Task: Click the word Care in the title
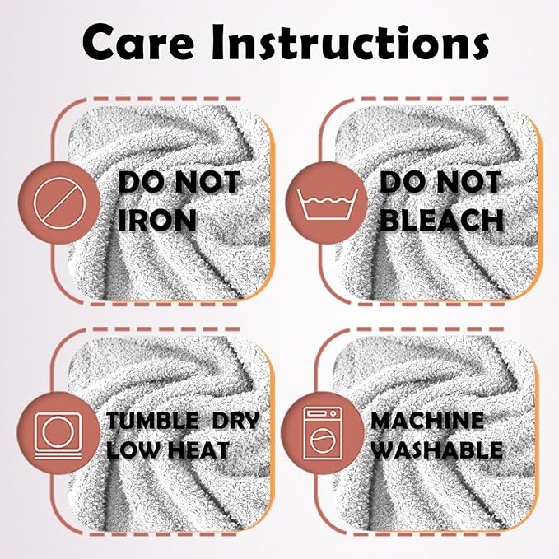point(139,42)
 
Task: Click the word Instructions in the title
point(350,42)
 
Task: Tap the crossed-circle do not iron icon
point(59,203)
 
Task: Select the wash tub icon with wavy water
point(328,204)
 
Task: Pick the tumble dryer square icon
point(58,436)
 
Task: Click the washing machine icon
point(322,433)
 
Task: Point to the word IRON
point(157,220)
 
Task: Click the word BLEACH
point(441,220)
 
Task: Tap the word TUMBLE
point(152,421)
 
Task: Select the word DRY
point(235,421)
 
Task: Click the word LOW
point(133,450)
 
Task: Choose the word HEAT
point(198,450)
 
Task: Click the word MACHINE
point(427,421)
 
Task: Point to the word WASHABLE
point(437,450)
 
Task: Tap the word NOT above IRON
point(207,182)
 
